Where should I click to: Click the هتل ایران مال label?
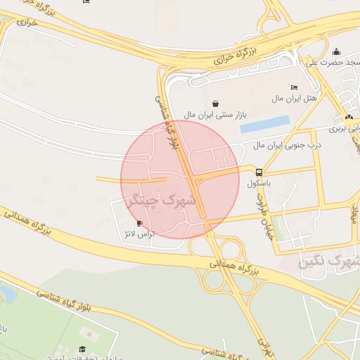point(295,99)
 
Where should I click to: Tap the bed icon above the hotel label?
point(293,88)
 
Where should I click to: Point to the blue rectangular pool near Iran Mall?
point(265,124)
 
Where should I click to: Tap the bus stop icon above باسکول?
point(259,172)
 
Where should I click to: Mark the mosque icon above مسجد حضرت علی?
point(336,51)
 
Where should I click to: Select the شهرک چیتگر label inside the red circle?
point(162,201)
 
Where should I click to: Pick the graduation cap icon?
point(82,349)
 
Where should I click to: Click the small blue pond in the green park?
point(5,293)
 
